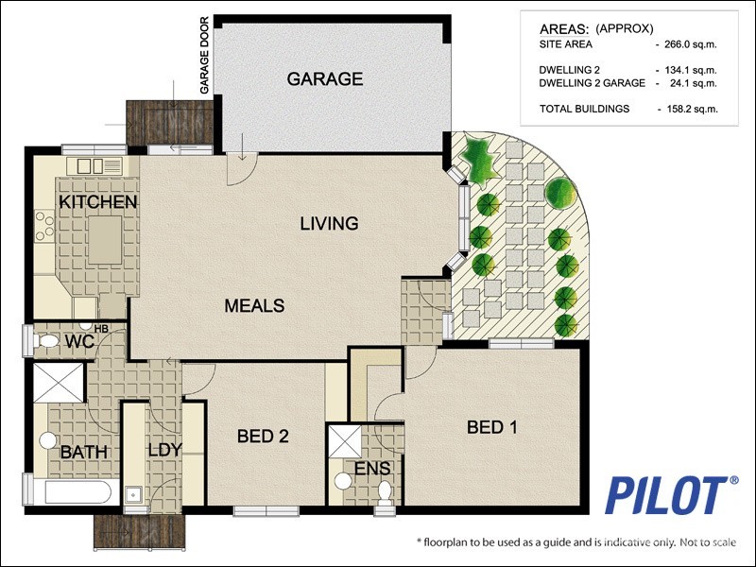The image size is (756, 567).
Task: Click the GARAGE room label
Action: pyautogui.click(x=325, y=79)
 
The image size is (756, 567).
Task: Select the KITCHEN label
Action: pyautogui.click(x=98, y=202)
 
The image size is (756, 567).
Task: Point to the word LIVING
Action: pyautogui.click(x=329, y=224)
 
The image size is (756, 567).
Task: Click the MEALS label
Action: pyautogui.click(x=254, y=306)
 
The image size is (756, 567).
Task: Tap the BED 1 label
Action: pyautogui.click(x=492, y=427)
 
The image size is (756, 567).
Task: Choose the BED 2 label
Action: pyautogui.click(x=262, y=437)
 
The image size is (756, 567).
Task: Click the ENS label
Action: pyautogui.click(x=372, y=469)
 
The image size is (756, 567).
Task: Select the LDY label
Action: pyautogui.click(x=163, y=450)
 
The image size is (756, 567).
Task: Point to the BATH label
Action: pyautogui.click(x=84, y=453)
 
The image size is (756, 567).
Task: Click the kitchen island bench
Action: pyautogui.click(x=105, y=240)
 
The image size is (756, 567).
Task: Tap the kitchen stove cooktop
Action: pyautogui.click(x=44, y=225)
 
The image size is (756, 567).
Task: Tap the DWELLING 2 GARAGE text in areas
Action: pyautogui.click(x=592, y=83)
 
